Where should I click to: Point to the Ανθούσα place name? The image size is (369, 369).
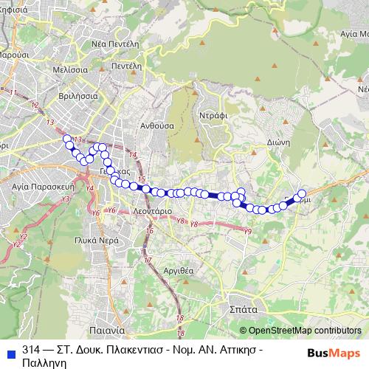(156, 125)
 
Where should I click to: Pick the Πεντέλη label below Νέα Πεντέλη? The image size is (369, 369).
(126, 66)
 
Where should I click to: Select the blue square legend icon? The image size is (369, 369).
(9, 348)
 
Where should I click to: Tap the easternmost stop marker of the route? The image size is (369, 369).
(301, 194)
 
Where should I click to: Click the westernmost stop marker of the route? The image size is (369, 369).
(67, 139)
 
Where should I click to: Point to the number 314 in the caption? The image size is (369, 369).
(31, 348)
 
